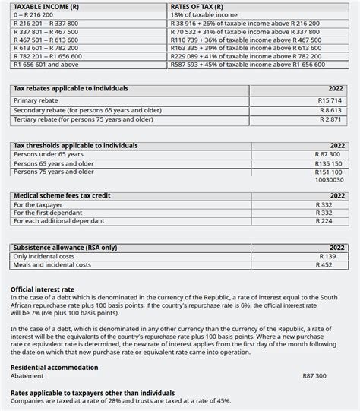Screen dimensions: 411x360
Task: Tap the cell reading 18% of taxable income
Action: click(204, 15)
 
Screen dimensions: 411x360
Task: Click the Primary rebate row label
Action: click(36, 100)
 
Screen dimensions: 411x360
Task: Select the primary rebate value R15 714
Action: click(330, 100)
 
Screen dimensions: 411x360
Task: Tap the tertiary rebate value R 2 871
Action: click(331, 119)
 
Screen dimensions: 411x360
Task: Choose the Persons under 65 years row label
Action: click(49, 154)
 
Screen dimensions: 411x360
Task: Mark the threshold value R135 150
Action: click(328, 163)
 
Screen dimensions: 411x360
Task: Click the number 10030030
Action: click(329, 181)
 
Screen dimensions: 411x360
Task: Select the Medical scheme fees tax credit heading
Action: click(62, 196)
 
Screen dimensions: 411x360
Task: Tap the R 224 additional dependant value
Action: click(325, 222)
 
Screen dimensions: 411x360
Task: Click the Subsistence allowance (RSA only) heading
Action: click(65, 248)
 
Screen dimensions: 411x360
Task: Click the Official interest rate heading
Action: click(43, 289)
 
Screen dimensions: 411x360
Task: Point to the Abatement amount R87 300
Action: click(314, 376)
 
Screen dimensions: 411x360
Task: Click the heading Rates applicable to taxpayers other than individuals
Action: click(93, 392)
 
